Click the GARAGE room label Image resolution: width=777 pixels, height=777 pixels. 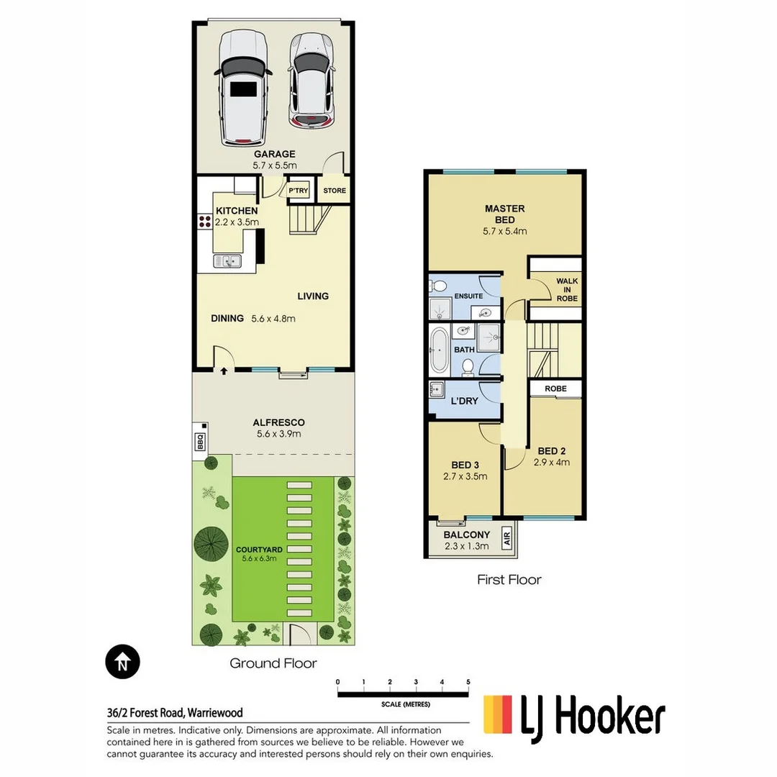pos(273,154)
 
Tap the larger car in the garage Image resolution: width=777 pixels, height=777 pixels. pos(244,88)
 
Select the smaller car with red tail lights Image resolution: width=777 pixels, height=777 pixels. pos(311,81)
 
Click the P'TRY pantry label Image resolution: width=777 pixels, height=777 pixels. pos(298,191)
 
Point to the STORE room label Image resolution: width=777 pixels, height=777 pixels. pos(334,191)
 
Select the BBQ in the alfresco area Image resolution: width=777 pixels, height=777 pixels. pos(200,441)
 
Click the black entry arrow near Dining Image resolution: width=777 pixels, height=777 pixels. pos(223,372)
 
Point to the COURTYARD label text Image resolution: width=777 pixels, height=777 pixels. pos(258,550)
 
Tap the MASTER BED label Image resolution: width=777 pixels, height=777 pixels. pos(504,214)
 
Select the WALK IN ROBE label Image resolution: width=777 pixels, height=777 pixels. pos(567,290)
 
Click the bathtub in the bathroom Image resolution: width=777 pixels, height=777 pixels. pos(438,350)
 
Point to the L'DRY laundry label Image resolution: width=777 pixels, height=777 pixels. pos(464,401)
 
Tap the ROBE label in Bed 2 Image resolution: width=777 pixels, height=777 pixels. pos(555,388)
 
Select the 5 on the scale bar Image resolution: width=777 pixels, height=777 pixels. pos(468,681)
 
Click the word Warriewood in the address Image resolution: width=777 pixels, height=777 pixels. pos(215,713)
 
